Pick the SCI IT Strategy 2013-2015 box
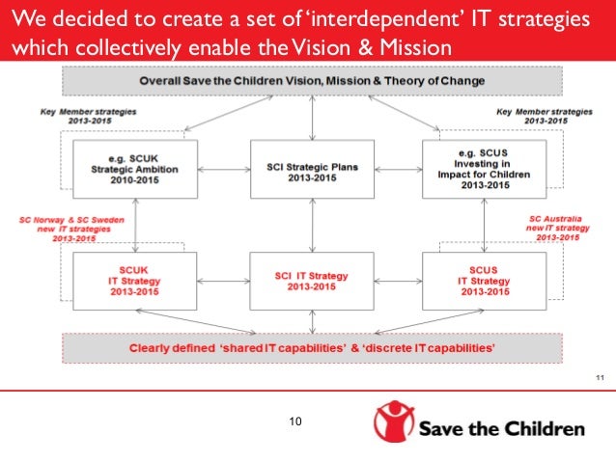pyautogui.click(x=311, y=280)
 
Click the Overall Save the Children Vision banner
pyautogui.click(x=311, y=81)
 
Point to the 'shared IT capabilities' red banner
pyautogui.click(x=311, y=347)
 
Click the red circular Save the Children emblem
pyautogui.click(x=395, y=424)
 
